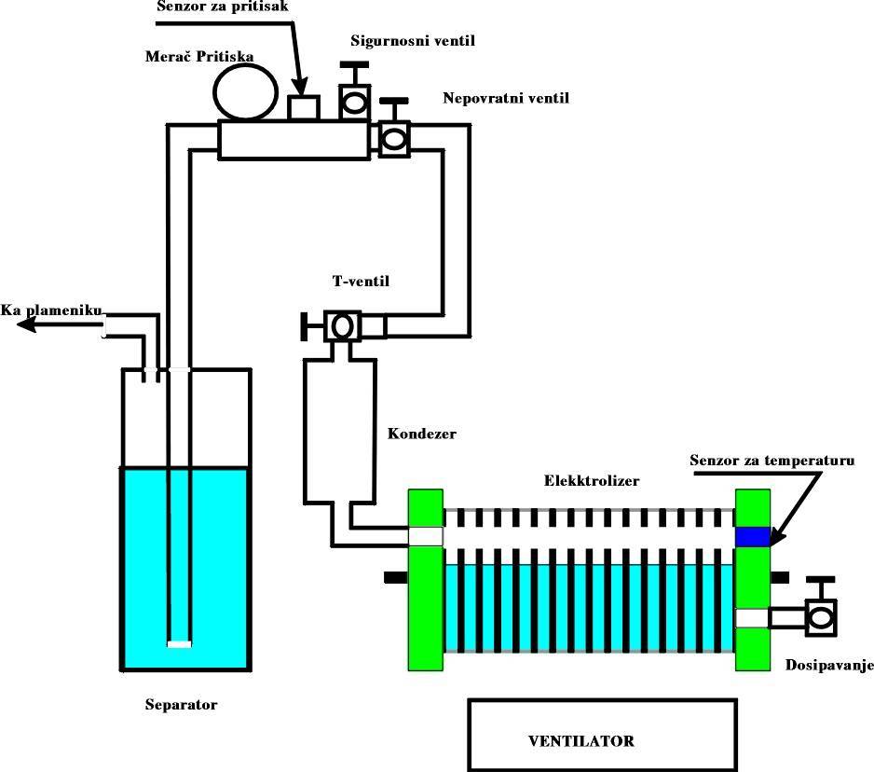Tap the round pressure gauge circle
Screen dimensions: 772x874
pos(245,93)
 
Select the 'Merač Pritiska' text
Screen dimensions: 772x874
pos(200,58)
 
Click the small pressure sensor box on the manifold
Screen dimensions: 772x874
pos(302,108)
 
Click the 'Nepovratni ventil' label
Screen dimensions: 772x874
pos(505,97)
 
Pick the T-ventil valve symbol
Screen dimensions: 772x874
pos(342,326)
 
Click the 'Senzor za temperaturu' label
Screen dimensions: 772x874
pos(772,461)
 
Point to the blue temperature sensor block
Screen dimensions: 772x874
pos(752,537)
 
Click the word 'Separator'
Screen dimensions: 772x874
pos(182,704)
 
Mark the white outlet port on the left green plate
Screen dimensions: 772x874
pos(426,536)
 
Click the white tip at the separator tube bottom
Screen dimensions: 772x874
pos(178,643)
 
